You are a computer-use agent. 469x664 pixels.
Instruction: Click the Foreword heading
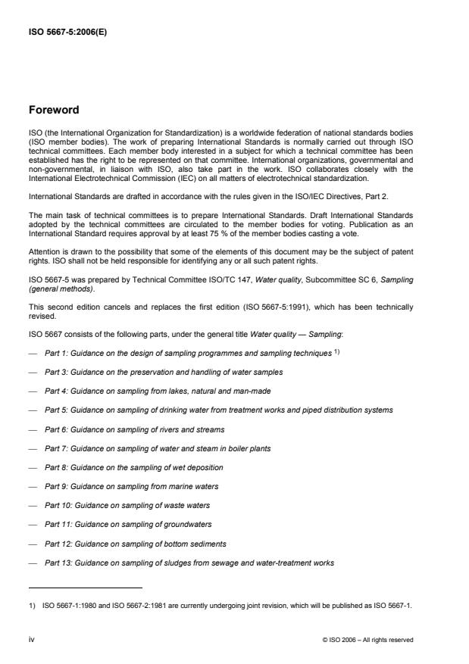(54, 110)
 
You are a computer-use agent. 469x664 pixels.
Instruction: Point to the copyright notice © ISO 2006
(367, 640)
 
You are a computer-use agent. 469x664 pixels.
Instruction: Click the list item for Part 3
(164, 372)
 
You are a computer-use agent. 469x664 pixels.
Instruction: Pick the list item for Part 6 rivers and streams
(142, 429)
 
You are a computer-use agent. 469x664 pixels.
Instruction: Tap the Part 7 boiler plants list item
(158, 448)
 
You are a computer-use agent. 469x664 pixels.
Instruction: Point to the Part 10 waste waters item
(127, 505)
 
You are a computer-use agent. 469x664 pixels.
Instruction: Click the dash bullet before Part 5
(33, 410)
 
